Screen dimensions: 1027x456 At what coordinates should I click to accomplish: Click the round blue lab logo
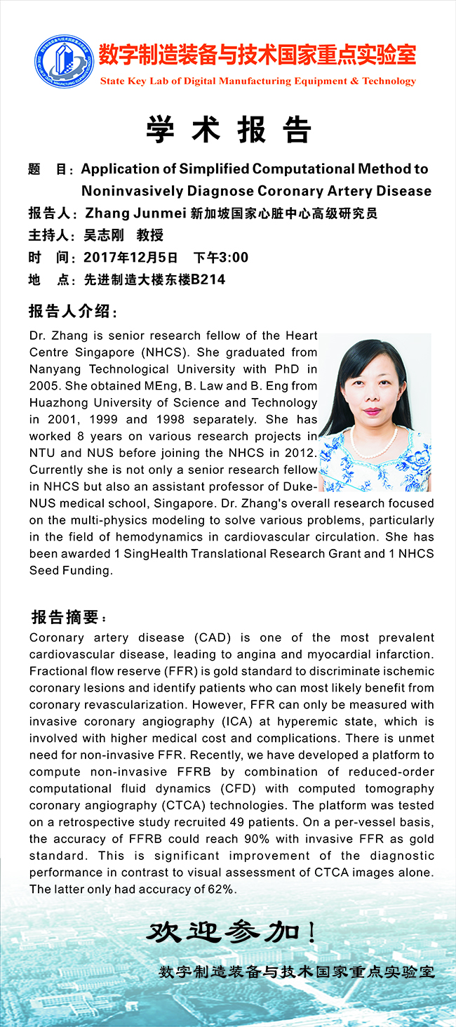64,62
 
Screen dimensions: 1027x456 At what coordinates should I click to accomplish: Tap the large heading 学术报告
229,129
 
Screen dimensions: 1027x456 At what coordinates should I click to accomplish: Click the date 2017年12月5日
130,258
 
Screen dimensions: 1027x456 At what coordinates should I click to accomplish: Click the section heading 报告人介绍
73,311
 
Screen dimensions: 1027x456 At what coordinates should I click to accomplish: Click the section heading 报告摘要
67,618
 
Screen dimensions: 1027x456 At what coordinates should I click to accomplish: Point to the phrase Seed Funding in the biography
70,571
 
